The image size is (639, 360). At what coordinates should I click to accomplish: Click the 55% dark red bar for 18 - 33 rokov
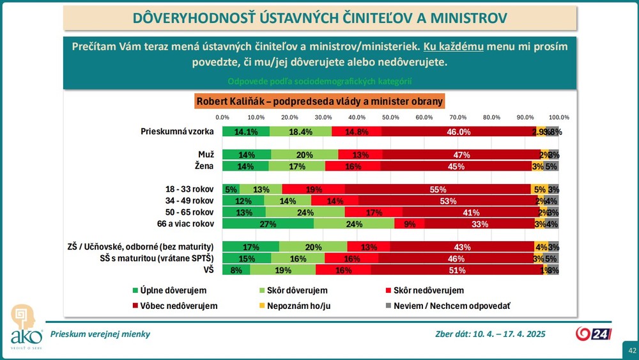click(x=438, y=189)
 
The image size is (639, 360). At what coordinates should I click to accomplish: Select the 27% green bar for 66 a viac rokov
click(x=268, y=224)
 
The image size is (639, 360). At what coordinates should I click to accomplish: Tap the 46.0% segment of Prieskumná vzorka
click(x=459, y=132)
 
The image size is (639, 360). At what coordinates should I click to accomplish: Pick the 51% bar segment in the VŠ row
click(x=457, y=270)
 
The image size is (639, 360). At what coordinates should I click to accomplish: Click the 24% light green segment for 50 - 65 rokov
click(x=304, y=212)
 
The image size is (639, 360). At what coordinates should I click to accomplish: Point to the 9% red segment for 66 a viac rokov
click(x=409, y=224)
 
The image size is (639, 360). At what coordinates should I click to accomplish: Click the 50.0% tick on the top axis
click(x=390, y=118)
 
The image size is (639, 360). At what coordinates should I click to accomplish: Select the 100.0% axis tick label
click(x=559, y=118)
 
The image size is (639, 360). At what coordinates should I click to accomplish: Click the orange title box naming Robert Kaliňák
click(x=319, y=101)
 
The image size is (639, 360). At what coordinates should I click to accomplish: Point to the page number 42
click(x=632, y=350)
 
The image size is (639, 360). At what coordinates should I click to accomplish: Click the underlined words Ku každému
click(x=452, y=47)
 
